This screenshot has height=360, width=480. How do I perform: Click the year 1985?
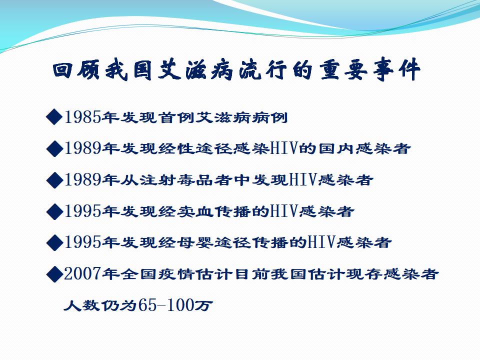point(82,117)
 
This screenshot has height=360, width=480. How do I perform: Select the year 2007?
point(82,273)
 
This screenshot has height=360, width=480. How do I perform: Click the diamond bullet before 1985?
point(54,116)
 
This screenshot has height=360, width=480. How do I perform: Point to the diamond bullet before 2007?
point(54,273)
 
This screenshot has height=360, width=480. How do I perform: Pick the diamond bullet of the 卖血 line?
point(54,211)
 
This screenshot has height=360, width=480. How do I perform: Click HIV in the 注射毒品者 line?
point(302,179)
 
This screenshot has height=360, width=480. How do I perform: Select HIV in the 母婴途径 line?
point(321,242)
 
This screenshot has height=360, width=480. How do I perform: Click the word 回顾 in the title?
point(76,70)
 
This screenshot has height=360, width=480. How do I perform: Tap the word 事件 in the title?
point(396,70)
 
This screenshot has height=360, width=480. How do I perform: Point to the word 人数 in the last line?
point(81,305)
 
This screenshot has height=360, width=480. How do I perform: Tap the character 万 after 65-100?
point(203,305)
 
